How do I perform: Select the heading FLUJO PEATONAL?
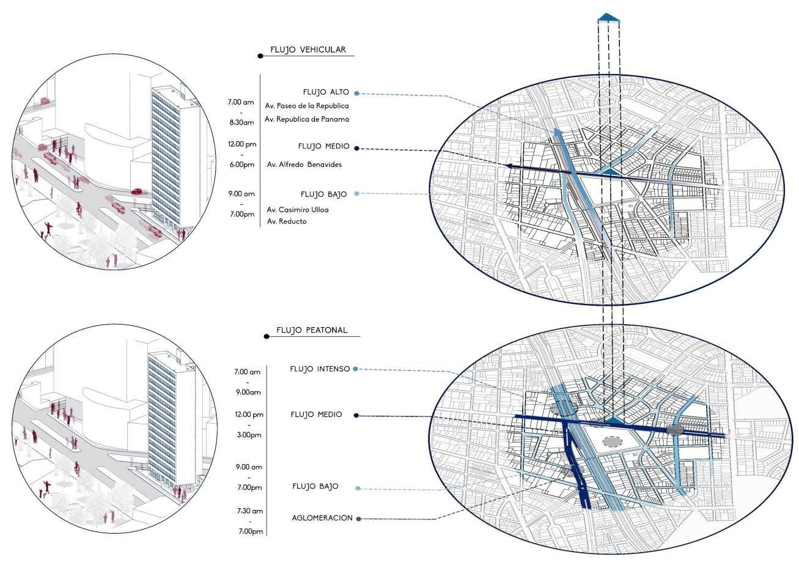pos(311,330)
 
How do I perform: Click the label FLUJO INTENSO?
pos(320,369)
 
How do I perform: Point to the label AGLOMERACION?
pos(322,518)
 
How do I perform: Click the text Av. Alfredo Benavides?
pos(304,164)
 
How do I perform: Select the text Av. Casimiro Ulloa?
pos(297,210)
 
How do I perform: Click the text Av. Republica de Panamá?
pos(307,119)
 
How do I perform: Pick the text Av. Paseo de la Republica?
pos(306,106)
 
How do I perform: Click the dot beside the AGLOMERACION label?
pos(358,519)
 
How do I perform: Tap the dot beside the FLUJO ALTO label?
pos(356,94)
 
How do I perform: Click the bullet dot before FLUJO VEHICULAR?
pos(260,56)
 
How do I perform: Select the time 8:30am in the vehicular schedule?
pos(240,122)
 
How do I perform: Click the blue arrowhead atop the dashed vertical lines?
pos(609,18)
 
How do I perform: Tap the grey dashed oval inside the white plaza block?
pos(610,441)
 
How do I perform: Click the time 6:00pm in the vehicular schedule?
pos(242,164)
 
